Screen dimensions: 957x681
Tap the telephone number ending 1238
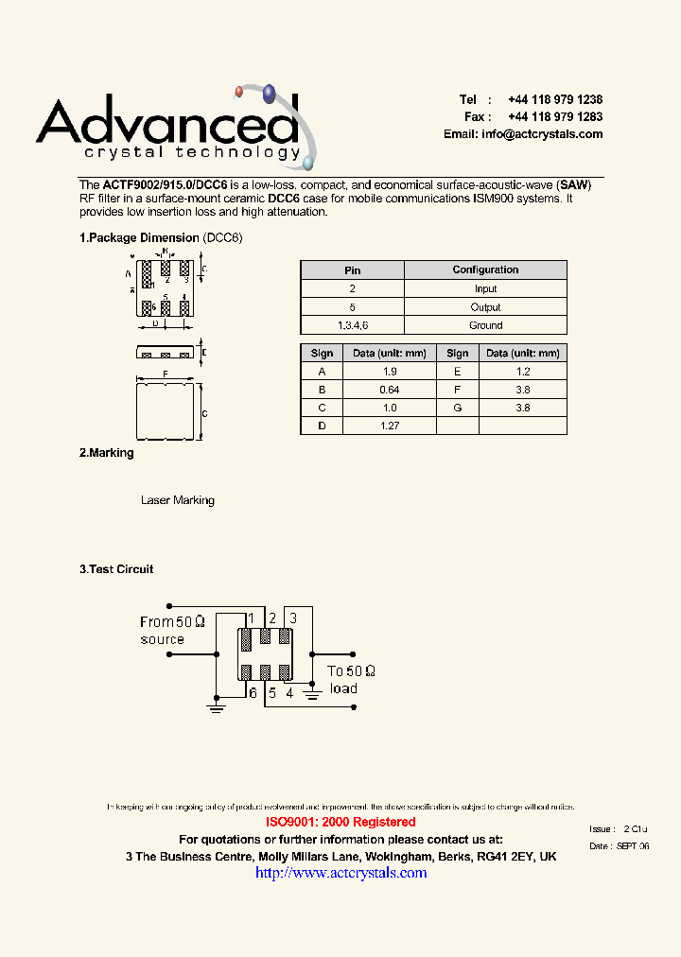click(554, 99)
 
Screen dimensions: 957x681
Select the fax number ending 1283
click(554, 116)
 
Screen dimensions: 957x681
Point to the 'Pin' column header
click(352, 270)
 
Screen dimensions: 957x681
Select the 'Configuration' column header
click(485, 270)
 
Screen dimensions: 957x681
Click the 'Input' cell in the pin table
click(485, 288)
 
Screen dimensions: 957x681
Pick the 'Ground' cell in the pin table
click(485, 325)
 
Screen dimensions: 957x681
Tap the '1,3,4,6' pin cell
click(352, 325)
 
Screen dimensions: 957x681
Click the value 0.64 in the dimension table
click(390, 390)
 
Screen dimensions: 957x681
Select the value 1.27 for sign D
click(390, 426)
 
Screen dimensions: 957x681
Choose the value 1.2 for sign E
click(523, 372)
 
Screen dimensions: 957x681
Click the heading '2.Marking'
click(107, 453)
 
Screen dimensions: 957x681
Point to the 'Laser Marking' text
click(178, 500)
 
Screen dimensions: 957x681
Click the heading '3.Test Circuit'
click(116, 569)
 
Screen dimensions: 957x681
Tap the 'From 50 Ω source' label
click(170, 630)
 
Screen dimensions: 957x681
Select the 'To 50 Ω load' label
click(351, 679)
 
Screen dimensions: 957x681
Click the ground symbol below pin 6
click(217, 706)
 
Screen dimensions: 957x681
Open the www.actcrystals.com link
click(341, 872)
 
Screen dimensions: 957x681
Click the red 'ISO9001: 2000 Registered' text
click(340, 822)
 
